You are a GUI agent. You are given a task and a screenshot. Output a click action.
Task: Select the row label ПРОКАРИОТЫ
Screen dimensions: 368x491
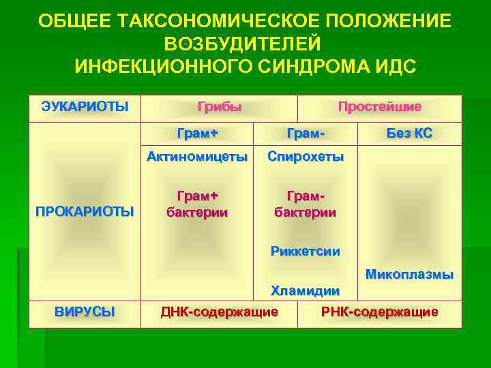[x=85, y=211]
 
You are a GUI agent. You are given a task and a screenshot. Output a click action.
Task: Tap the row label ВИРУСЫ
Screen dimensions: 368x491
[x=85, y=311]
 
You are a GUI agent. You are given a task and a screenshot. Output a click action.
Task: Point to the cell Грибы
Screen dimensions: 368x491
[x=220, y=106]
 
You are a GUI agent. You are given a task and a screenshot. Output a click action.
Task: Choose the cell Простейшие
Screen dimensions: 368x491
[x=380, y=106]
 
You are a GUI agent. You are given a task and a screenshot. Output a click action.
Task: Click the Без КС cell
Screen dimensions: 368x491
[x=409, y=133]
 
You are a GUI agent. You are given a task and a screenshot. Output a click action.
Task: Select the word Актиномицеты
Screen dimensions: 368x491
[x=197, y=157]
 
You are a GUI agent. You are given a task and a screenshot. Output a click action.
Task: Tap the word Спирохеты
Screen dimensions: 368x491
[x=305, y=157]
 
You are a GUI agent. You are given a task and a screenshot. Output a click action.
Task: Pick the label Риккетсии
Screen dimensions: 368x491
[x=305, y=251]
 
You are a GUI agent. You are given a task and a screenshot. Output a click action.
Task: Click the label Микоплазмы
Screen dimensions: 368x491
[x=409, y=275]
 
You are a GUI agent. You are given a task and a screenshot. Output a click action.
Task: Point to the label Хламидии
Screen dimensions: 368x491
[x=305, y=291]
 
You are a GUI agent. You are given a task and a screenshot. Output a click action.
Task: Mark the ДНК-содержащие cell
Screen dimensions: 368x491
[x=219, y=312]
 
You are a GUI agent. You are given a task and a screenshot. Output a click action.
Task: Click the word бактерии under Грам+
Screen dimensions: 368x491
[x=197, y=212]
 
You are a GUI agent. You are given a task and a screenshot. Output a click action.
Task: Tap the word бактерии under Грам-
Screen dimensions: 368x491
[x=305, y=212]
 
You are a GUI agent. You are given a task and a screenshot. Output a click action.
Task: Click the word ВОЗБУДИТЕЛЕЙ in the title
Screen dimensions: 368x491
[x=242, y=44]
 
